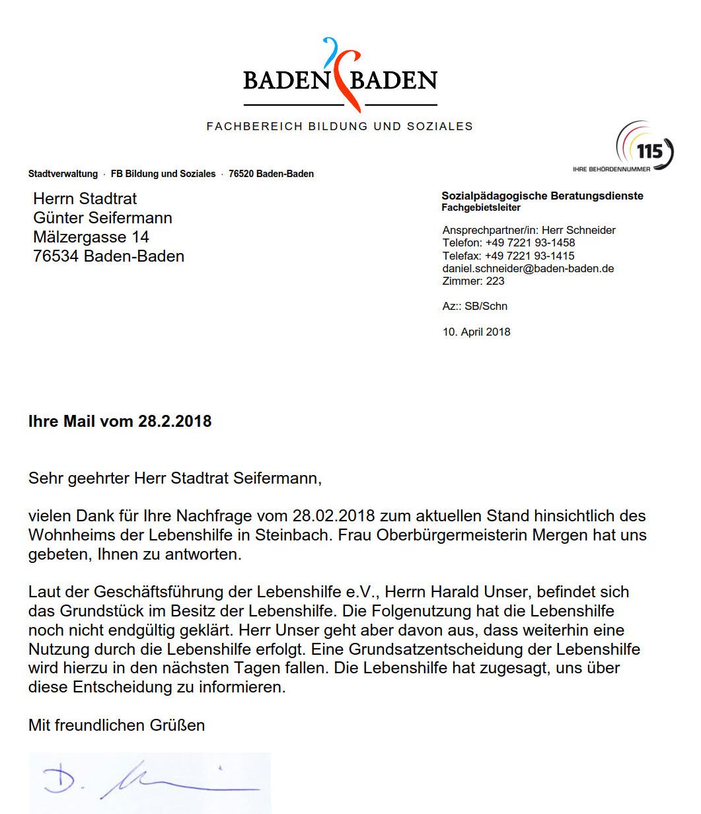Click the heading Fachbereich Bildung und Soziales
pos(340,126)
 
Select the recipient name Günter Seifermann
pos(102,218)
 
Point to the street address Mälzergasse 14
pos(91,237)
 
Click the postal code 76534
pos(56,256)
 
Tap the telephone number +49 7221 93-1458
pos(530,243)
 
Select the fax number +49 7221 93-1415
pos(529,256)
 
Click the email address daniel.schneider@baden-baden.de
pos(528,268)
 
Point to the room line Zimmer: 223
pos(473,281)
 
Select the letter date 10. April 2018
pos(476,332)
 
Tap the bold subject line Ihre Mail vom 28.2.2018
pos(120,422)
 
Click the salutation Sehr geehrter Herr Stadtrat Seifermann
pos(174,478)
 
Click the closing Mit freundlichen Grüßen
pos(116,725)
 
